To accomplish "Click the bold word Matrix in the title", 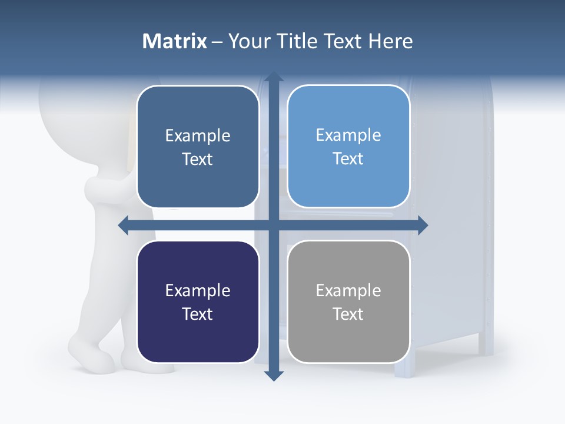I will [x=175, y=41].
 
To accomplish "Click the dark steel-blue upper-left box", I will [x=198, y=147].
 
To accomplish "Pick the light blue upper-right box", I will [x=348, y=147].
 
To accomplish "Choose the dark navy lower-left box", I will [x=198, y=302].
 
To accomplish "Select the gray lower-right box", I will [x=348, y=302].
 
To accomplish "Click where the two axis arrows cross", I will [x=273, y=225].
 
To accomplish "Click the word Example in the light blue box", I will [x=348, y=135].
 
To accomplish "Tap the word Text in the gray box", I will [x=348, y=314].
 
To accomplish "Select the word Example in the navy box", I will [x=198, y=290].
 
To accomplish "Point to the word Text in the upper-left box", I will [x=198, y=159].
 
